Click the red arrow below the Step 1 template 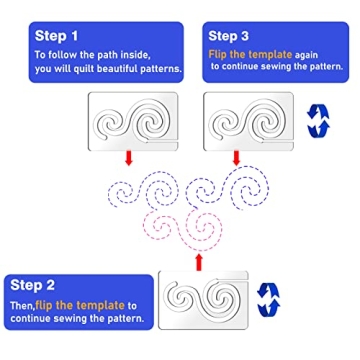pos(128,157)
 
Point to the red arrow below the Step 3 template pos(236,157)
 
